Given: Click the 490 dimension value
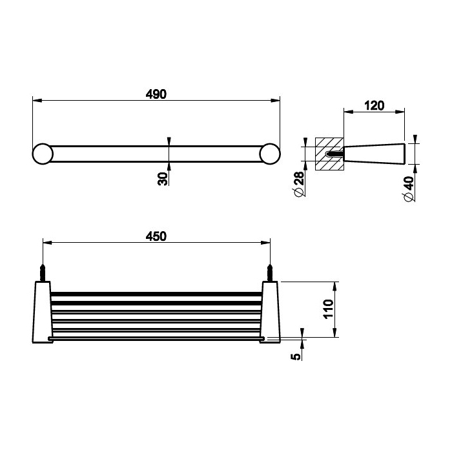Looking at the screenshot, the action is (156, 94).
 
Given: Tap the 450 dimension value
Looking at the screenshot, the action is (156, 236).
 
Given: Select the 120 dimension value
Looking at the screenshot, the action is (374, 106).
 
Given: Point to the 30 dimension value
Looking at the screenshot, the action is (163, 179).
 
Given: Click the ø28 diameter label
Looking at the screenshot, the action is (299, 184).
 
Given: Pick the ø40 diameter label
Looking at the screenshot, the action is (409, 189).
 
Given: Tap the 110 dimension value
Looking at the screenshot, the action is (328, 309).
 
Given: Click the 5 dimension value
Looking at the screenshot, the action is (296, 356).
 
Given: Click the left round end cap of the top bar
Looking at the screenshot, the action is (43, 154).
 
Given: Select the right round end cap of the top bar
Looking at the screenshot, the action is (270, 154).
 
